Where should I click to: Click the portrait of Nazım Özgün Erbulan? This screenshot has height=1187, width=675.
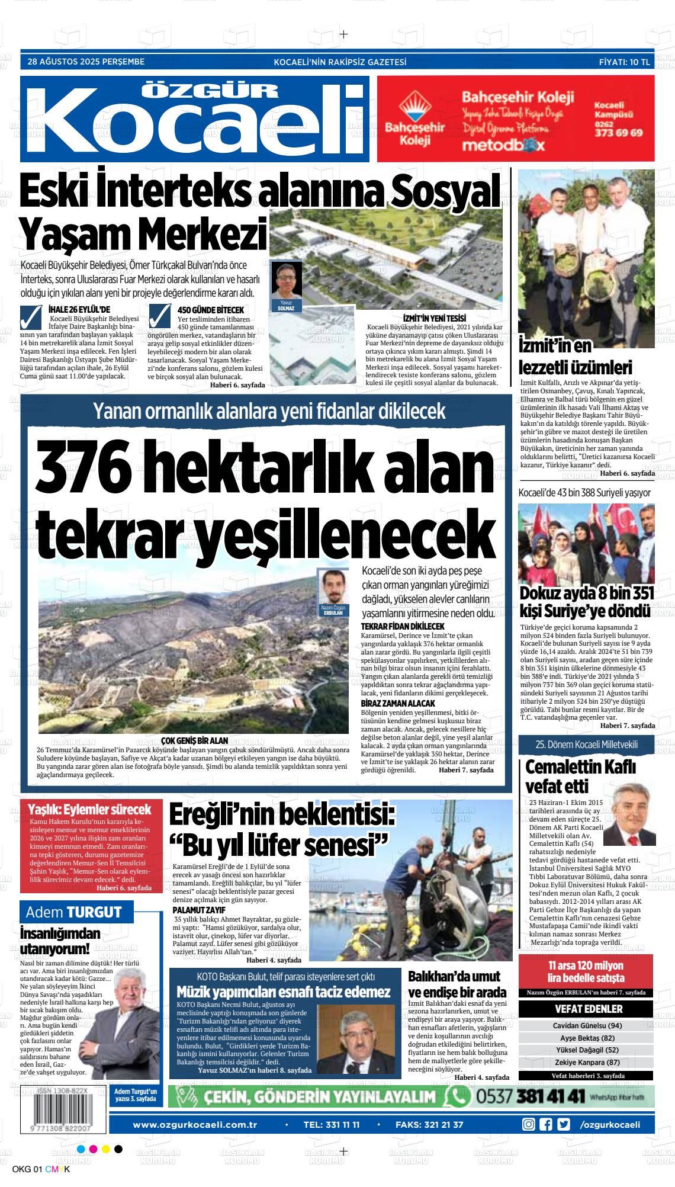pos(333,587)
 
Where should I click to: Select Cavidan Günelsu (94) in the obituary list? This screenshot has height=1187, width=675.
pos(587,1025)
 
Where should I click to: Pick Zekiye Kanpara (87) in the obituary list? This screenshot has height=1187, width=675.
pos(587,1062)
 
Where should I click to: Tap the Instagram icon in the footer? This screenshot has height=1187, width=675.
pos(528,1125)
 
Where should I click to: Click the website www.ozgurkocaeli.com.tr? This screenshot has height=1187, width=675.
pos(194,1125)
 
